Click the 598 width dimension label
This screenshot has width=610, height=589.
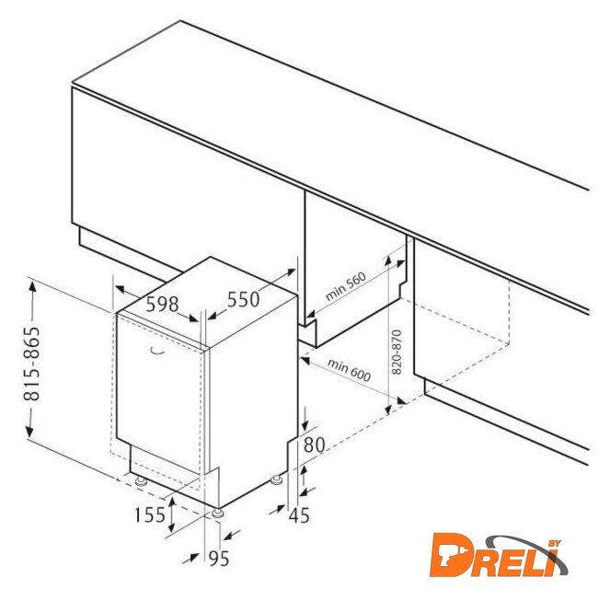click(x=162, y=305)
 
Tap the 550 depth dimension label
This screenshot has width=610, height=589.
click(x=243, y=299)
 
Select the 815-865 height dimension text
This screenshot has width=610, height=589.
click(x=32, y=364)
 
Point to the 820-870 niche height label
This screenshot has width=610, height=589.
click(x=397, y=352)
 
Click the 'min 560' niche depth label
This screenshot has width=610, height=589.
click(x=345, y=286)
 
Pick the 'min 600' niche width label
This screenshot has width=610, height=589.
click(x=349, y=370)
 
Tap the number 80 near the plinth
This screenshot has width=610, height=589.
click(x=314, y=445)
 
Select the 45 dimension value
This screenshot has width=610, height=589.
click(x=299, y=515)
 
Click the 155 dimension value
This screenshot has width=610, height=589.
click(x=150, y=515)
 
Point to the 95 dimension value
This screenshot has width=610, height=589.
click(x=219, y=559)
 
